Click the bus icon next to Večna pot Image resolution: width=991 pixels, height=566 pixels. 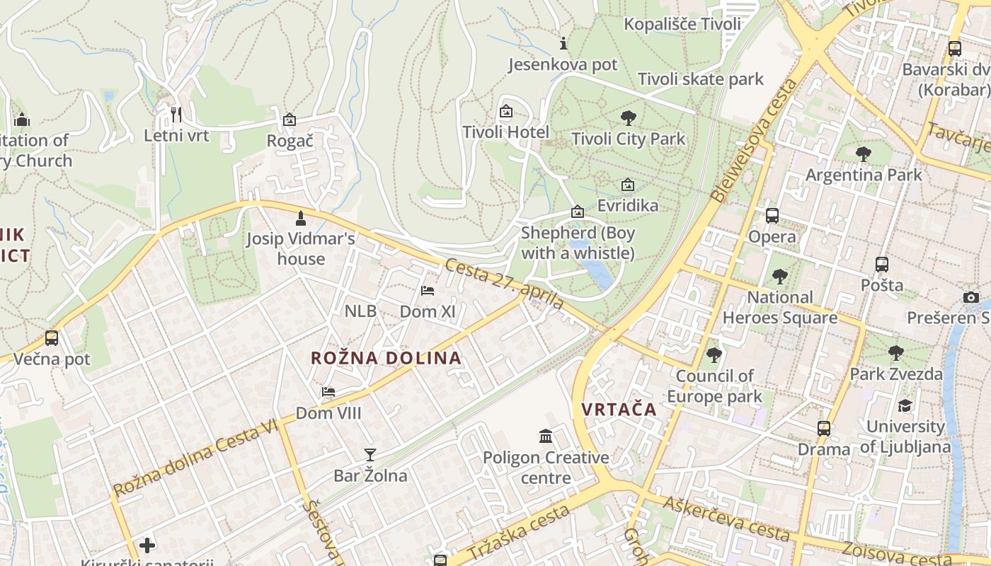click(x=52, y=338)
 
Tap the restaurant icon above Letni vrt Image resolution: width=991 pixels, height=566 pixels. click(x=176, y=113)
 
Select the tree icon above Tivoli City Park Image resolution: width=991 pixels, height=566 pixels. click(x=628, y=118)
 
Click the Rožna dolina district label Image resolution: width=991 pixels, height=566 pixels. click(x=386, y=358)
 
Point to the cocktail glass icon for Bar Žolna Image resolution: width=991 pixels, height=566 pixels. click(x=370, y=454)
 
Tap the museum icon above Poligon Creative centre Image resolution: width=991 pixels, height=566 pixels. click(x=546, y=437)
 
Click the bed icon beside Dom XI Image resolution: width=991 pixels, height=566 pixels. click(x=428, y=290)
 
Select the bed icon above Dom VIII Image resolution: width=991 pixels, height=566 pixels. click(x=328, y=392)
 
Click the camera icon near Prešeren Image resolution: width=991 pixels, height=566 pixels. click(x=971, y=297)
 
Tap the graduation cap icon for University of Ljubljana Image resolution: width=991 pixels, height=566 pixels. click(x=905, y=406)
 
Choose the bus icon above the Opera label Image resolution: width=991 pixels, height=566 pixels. click(x=772, y=216)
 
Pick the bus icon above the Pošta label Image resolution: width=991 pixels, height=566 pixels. click(x=881, y=265)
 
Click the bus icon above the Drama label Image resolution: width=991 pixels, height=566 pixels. click(x=823, y=428)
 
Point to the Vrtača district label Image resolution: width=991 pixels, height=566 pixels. click(x=619, y=410)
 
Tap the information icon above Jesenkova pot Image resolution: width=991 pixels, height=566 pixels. click(x=563, y=44)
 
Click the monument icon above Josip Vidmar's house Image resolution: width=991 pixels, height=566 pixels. click(x=301, y=218)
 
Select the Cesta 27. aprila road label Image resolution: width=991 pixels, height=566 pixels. click(x=505, y=284)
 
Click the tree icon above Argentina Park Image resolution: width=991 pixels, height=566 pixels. click(x=863, y=154)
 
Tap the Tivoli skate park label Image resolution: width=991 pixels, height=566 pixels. click(x=701, y=79)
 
